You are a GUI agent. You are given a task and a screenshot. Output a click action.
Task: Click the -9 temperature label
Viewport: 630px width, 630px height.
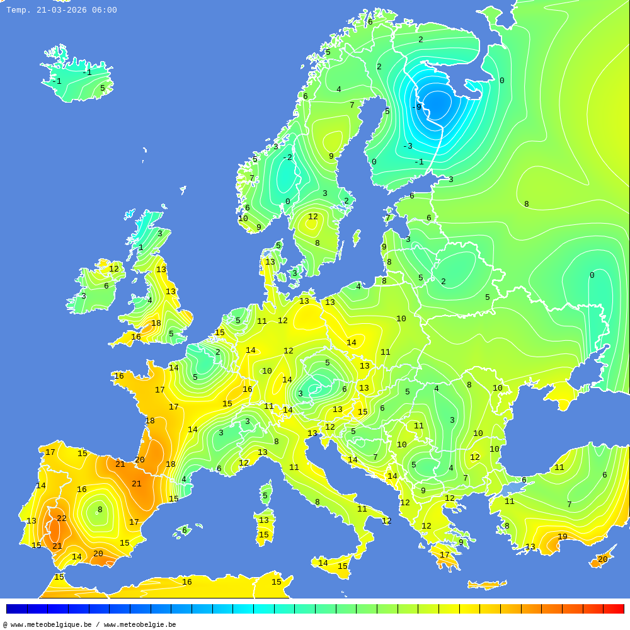(x=416, y=107)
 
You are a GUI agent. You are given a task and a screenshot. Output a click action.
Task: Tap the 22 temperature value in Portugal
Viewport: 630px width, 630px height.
(x=62, y=518)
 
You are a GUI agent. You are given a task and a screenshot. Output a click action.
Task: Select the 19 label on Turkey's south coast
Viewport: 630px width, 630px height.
(x=562, y=537)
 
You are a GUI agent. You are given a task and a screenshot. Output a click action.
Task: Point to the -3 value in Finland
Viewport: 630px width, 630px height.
(x=408, y=146)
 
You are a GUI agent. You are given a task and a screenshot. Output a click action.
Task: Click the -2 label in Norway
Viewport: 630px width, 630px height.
(x=287, y=157)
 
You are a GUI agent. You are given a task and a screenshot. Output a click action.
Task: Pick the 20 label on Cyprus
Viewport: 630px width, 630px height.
(x=602, y=559)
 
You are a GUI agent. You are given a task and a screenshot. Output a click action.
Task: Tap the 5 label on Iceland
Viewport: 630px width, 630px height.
(x=103, y=88)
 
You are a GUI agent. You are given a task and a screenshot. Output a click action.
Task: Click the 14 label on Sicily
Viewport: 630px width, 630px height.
(x=323, y=563)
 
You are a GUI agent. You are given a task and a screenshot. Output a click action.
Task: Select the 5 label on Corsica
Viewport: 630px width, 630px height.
(x=265, y=496)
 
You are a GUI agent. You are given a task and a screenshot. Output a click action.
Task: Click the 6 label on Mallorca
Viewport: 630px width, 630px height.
(x=185, y=530)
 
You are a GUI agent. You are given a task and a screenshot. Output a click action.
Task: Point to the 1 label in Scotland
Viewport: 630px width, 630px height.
(x=141, y=248)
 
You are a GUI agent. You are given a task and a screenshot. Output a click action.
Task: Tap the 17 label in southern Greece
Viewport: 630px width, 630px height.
(x=445, y=555)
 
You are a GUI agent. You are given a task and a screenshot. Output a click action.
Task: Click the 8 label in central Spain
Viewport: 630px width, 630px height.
(x=100, y=510)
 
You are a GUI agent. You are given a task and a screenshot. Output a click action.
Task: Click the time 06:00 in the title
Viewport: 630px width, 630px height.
(x=105, y=10)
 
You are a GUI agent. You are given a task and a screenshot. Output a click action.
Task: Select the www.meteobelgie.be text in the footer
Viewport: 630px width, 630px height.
(x=140, y=625)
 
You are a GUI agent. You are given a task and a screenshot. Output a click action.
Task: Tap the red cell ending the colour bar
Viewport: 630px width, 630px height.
(x=614, y=609)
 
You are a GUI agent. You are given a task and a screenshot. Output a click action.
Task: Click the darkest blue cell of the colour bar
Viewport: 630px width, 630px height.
(x=16, y=609)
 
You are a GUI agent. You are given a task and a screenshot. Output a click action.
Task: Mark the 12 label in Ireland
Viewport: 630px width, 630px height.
(x=114, y=269)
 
